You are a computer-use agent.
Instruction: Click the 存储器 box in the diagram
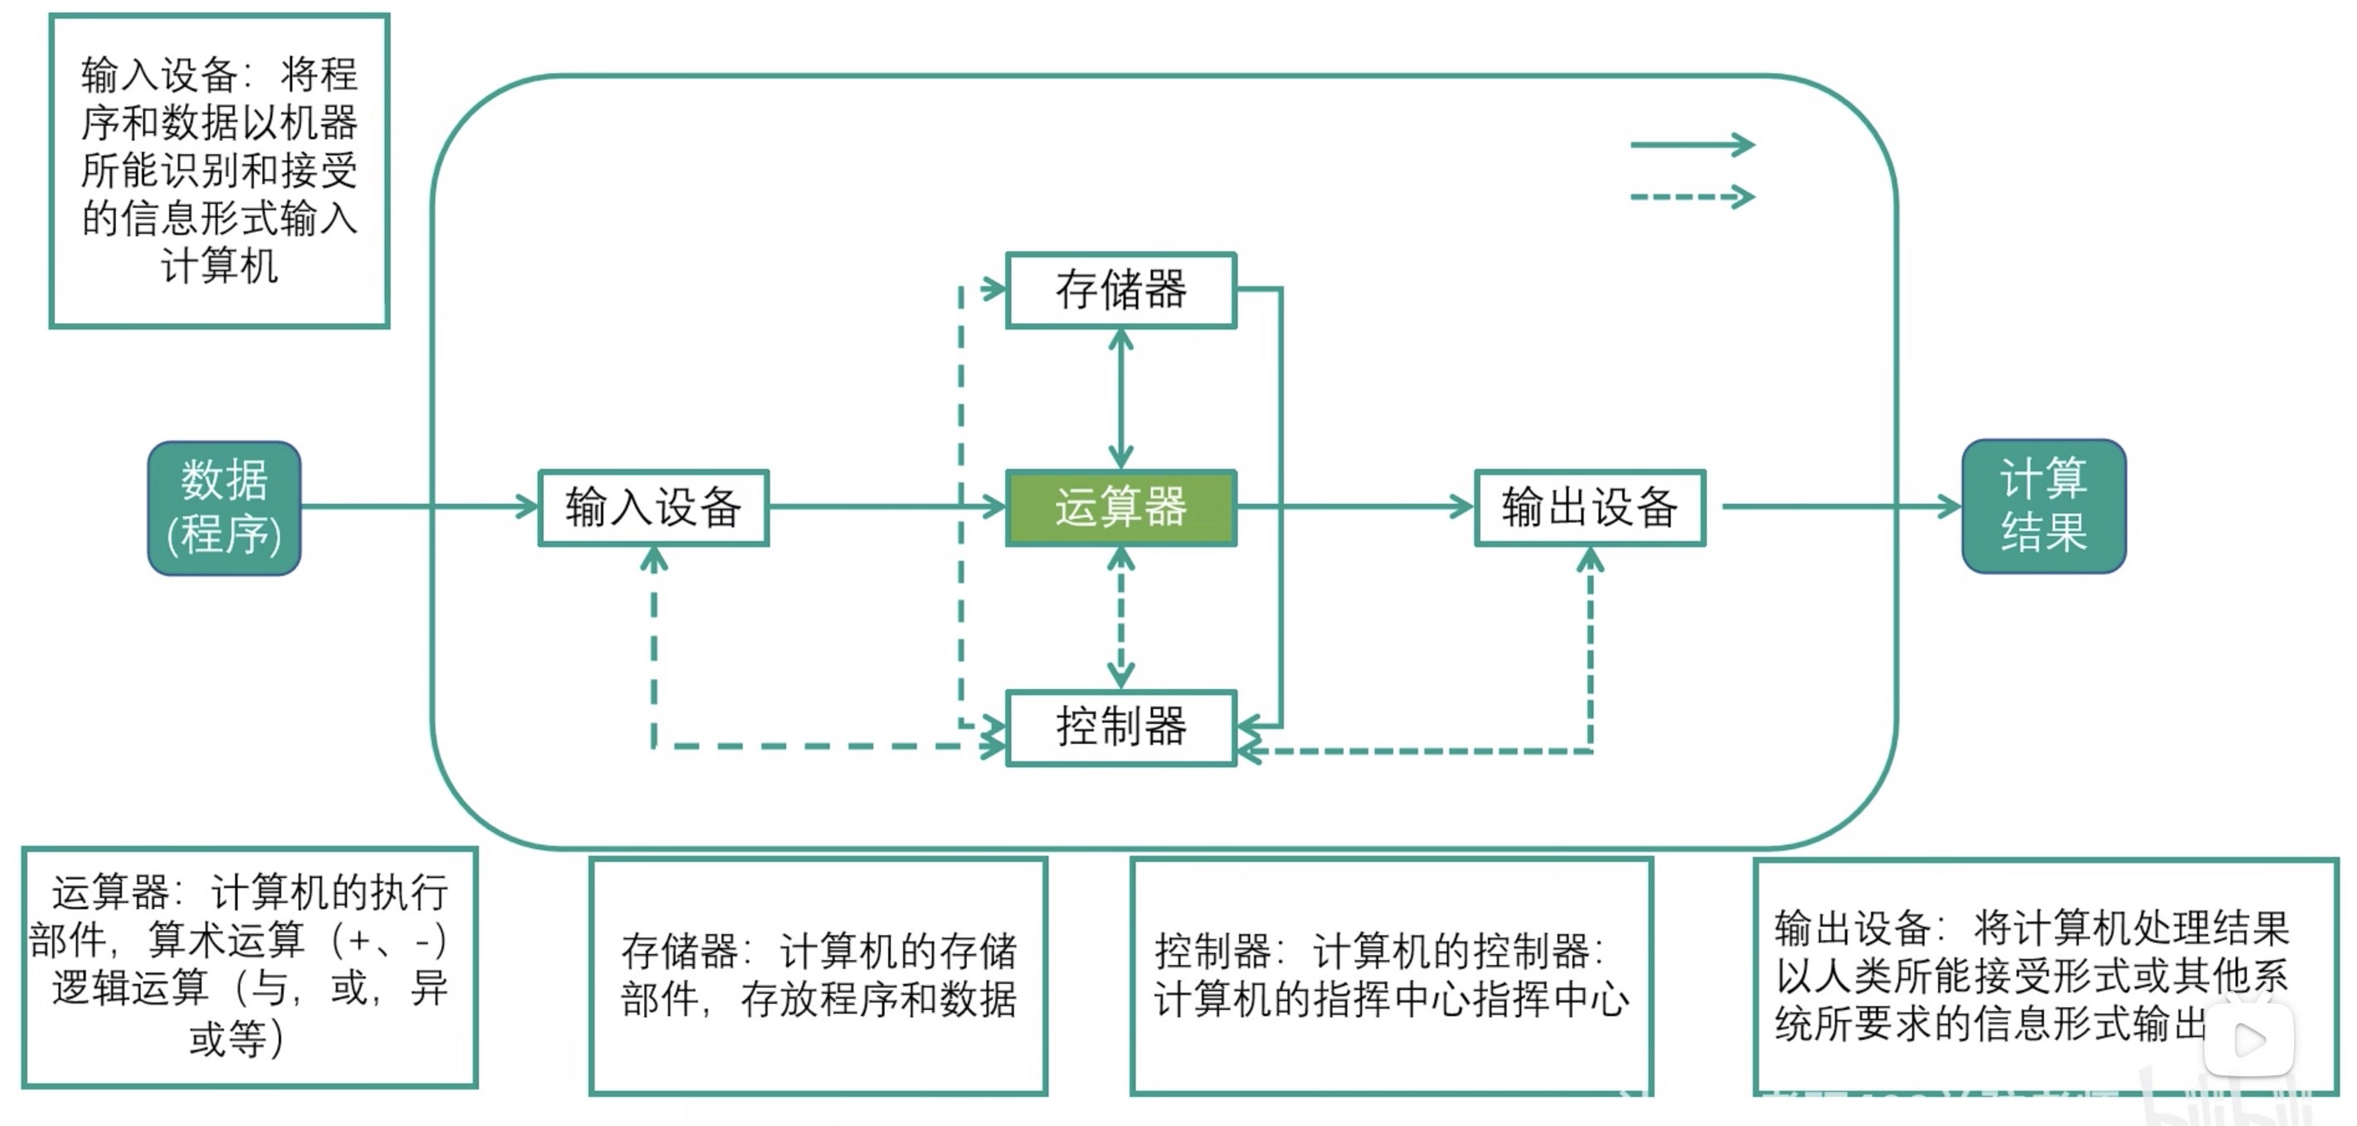(x=1121, y=290)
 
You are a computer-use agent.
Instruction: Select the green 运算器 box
(x=1121, y=508)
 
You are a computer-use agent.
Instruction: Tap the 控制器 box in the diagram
(x=1121, y=727)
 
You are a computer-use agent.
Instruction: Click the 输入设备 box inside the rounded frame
(x=653, y=508)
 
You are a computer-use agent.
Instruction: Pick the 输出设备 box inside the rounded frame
(x=1589, y=508)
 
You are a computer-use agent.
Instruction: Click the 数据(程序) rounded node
(x=224, y=508)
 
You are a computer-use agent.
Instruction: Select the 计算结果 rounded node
(x=2043, y=506)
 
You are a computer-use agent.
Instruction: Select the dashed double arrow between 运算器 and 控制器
(x=1121, y=618)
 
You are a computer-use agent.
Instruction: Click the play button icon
(x=2249, y=1040)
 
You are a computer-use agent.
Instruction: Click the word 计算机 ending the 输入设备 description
(x=220, y=266)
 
